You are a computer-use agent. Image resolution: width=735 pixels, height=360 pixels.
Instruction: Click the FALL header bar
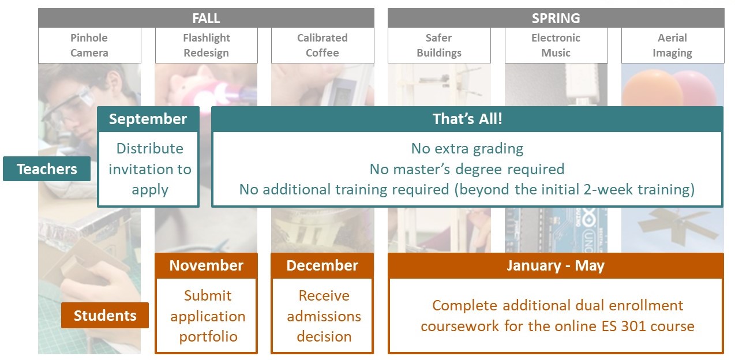[x=206, y=18]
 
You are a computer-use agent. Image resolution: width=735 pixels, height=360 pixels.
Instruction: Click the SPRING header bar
[x=556, y=18]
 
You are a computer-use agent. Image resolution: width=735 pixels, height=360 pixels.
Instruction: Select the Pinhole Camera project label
[x=89, y=45]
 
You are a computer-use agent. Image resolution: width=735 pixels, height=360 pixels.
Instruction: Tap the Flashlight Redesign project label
[x=207, y=45]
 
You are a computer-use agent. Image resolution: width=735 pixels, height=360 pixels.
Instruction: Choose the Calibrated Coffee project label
[x=322, y=45]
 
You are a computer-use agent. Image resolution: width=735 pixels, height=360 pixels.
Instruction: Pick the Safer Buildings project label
[x=439, y=45]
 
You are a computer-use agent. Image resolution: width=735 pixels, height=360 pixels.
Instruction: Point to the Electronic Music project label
[x=556, y=45]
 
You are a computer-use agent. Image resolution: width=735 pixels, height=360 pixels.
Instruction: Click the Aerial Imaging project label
[x=673, y=45]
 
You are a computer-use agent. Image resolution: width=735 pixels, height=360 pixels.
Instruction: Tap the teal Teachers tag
[x=47, y=169]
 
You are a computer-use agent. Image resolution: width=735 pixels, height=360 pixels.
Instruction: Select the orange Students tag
[x=104, y=316]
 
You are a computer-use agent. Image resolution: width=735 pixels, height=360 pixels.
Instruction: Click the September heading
[x=148, y=119]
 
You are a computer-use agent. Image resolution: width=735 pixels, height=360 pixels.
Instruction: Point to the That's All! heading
[x=467, y=119]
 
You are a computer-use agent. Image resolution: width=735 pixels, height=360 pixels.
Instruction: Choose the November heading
[x=206, y=265]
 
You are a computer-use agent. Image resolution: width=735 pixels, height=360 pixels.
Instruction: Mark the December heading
[x=322, y=265]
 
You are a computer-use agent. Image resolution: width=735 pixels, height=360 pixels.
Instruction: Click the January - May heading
[x=556, y=265]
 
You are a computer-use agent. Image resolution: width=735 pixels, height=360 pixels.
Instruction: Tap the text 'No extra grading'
[x=467, y=149]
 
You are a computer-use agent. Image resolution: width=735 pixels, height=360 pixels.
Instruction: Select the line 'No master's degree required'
[x=467, y=170]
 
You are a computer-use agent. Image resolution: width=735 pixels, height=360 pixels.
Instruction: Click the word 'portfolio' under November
[x=208, y=337]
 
